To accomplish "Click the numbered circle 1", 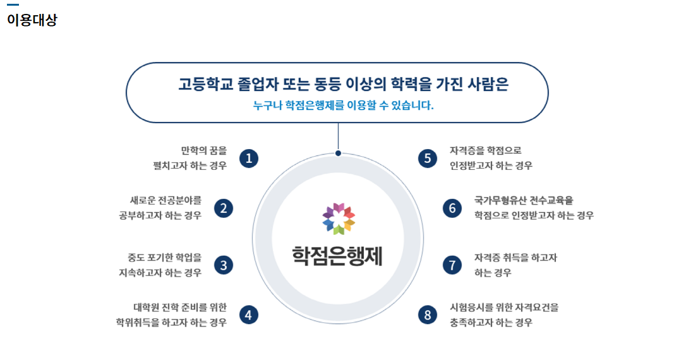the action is (249, 158).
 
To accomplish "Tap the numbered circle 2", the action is (224, 208).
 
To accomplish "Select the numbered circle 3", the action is (224, 265).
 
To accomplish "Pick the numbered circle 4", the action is (249, 315).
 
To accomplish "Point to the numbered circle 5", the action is (428, 158).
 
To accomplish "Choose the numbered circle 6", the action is (452, 208).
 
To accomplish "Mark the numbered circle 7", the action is (452, 265).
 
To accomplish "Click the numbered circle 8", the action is (428, 315).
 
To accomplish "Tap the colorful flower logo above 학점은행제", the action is (338, 219).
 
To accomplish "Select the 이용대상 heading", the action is (32, 20).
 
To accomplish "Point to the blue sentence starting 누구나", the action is (344, 105).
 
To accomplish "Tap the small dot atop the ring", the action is (338, 153).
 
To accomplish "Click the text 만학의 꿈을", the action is (203, 151).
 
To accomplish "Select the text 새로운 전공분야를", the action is (166, 201).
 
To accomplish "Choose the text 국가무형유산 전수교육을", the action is (524, 201).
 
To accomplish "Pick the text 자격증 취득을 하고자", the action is (515, 258).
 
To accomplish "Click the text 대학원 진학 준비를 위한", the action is (179, 308).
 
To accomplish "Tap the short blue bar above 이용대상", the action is (13, 5).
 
